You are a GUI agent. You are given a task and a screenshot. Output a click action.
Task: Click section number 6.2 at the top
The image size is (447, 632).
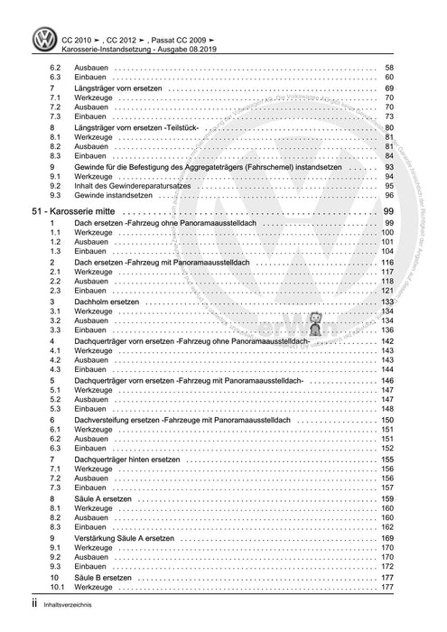coord(55,69)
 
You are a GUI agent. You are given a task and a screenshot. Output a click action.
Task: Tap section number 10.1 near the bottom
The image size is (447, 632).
coord(57,588)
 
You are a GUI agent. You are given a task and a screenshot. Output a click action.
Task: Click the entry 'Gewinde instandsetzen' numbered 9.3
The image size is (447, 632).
coord(102,195)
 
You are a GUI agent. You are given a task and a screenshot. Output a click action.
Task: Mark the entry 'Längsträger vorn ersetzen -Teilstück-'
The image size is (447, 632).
coord(141,128)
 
